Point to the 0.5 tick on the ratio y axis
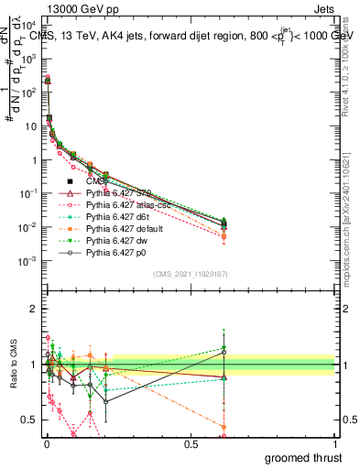(x=27, y=420)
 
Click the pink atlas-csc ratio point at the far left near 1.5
(x=48, y=338)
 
